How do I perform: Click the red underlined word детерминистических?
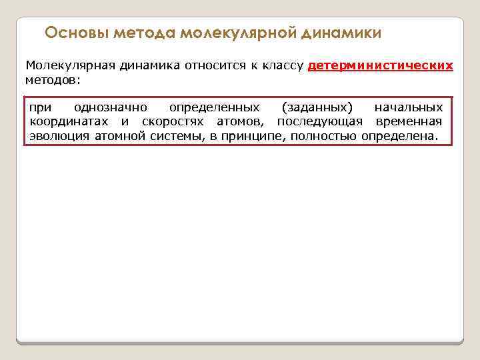click(381, 66)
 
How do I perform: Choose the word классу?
click(283, 66)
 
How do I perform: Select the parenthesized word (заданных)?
click(317, 107)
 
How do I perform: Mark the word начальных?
click(409, 107)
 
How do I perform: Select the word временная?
click(409, 121)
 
